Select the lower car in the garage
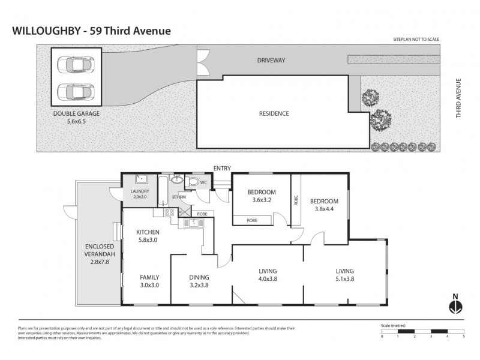click(x=76, y=92)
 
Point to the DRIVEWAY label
click(x=271, y=61)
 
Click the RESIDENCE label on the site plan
click(x=274, y=113)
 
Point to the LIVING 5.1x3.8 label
click(x=345, y=275)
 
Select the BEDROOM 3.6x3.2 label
click(x=261, y=196)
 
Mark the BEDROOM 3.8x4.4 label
click(x=324, y=205)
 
